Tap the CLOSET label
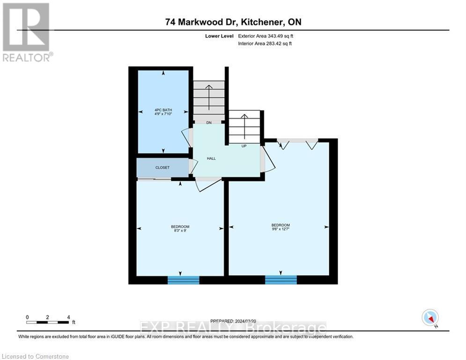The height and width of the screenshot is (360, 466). [x=163, y=167]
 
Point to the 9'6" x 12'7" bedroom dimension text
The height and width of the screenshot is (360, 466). [x=280, y=229]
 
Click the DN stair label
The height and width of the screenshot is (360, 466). [x=209, y=122]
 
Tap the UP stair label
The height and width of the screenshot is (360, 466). [x=244, y=146]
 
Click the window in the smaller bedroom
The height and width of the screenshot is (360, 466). [x=184, y=280]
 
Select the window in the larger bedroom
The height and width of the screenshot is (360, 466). [x=281, y=280]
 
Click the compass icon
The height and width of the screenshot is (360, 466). [x=430, y=317]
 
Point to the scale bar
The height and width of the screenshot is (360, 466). [x=48, y=322]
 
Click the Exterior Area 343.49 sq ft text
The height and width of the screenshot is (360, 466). [x=266, y=36]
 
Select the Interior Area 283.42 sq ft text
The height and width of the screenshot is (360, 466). [x=266, y=44]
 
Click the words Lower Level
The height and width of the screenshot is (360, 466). [x=216, y=36]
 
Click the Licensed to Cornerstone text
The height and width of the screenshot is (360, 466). [x=36, y=357]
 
